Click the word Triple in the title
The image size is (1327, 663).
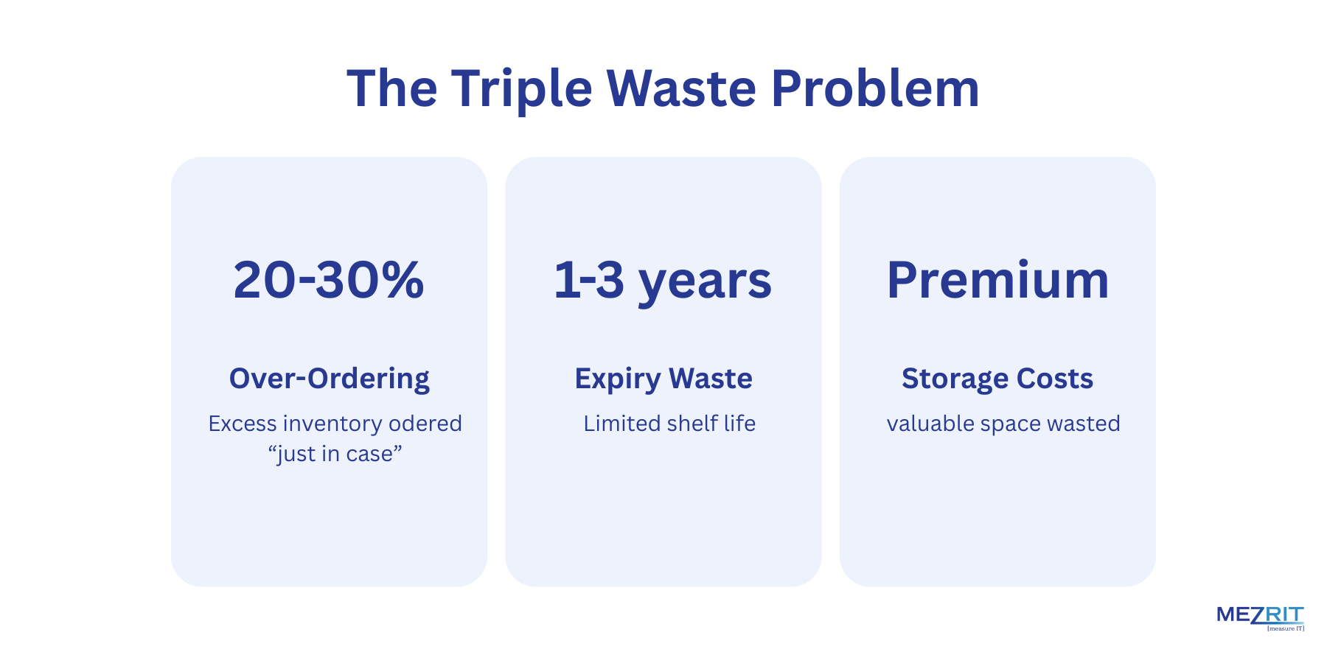click(521, 89)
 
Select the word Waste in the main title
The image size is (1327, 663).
click(681, 89)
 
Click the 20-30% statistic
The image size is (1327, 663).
click(329, 280)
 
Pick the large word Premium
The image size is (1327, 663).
click(997, 280)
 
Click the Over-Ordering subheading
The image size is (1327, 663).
click(329, 379)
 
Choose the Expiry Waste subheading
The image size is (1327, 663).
click(663, 379)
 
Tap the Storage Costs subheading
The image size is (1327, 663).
click(997, 379)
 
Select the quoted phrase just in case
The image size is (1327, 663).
click(335, 454)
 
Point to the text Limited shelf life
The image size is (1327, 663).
click(669, 424)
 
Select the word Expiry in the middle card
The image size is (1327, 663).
click(618, 379)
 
